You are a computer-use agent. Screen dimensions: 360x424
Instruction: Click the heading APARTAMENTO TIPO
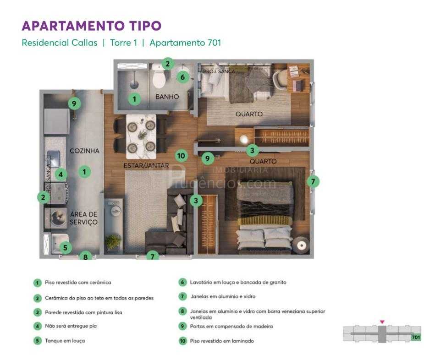pyautogui.click(x=91, y=26)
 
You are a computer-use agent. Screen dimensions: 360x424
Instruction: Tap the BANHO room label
pyautogui.click(x=167, y=97)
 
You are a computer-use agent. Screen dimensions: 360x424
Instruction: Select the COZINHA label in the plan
pyautogui.click(x=84, y=151)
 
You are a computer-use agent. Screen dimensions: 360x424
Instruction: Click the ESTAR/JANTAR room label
pyautogui.click(x=146, y=165)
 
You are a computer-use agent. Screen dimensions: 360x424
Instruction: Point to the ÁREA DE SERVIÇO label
pyautogui.click(x=83, y=218)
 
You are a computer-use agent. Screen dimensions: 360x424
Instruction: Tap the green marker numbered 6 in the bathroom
pyautogui.click(x=182, y=77)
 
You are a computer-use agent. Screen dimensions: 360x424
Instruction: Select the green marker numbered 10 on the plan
pyautogui.click(x=182, y=156)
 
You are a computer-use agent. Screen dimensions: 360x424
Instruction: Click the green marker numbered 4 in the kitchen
pyautogui.click(x=61, y=174)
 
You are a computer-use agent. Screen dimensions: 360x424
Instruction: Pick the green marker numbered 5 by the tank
pyautogui.click(x=65, y=248)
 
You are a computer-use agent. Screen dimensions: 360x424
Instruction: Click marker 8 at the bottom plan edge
pyautogui.click(x=85, y=257)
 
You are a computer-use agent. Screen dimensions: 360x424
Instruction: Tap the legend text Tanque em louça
pyautogui.click(x=65, y=341)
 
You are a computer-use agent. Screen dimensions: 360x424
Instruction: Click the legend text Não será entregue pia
pyautogui.click(x=71, y=326)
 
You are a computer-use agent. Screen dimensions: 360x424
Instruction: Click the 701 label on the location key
pyautogui.click(x=416, y=338)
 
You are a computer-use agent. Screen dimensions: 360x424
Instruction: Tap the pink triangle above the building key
pyautogui.click(x=382, y=322)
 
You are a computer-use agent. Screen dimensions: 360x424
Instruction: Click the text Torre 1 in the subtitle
pyautogui.click(x=123, y=43)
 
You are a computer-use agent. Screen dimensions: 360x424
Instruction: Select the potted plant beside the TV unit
pyautogui.click(x=113, y=240)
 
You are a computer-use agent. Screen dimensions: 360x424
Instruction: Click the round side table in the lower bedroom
pyautogui.click(x=302, y=245)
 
